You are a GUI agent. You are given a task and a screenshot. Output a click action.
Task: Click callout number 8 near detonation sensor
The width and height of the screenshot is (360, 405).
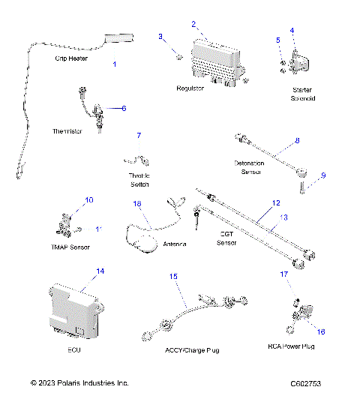pyautogui.click(x=297, y=140)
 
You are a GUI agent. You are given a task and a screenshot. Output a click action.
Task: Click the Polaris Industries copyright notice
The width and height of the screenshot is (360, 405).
pyautogui.click(x=79, y=383)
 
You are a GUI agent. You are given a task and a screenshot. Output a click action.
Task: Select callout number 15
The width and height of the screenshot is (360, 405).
pyautogui.click(x=173, y=277)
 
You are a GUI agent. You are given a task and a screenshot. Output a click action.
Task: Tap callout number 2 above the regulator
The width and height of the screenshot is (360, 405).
pyautogui.click(x=193, y=24)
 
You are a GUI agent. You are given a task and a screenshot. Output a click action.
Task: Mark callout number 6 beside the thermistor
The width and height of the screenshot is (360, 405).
pyautogui.click(x=124, y=108)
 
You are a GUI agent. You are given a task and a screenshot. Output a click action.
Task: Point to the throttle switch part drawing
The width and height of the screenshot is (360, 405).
pyautogui.click(x=138, y=159)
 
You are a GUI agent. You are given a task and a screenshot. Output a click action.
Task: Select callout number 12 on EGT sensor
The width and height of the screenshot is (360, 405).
pyautogui.click(x=276, y=203)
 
